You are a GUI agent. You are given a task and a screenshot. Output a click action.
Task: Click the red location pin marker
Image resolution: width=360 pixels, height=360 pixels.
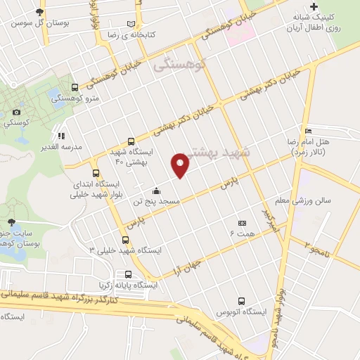(181, 165)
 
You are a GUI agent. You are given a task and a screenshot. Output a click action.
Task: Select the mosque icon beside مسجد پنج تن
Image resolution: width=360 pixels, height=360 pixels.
(155, 191)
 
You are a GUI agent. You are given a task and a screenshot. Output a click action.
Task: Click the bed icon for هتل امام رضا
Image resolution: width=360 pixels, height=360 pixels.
(308, 131)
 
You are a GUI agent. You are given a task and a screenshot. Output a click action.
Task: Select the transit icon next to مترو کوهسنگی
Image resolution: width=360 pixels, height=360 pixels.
(75, 88)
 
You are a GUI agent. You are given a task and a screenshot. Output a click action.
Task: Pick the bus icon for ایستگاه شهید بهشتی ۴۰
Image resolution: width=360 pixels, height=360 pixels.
(131, 141)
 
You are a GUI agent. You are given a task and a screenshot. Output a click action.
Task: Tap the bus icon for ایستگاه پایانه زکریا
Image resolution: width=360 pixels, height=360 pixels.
(128, 274)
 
